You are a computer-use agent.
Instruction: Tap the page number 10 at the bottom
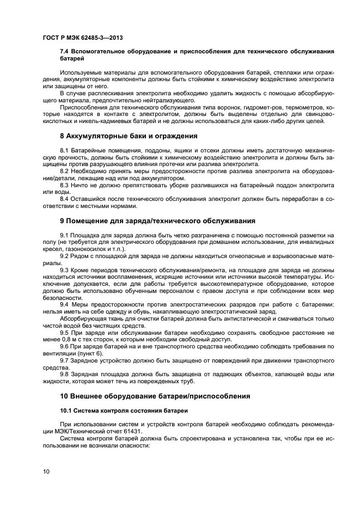[45, 471]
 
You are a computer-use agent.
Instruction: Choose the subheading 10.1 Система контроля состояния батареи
[123, 410]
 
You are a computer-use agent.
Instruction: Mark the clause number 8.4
[65, 199]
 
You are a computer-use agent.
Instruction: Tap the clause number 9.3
[65, 269]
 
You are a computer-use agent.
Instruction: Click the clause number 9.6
[65, 347]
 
